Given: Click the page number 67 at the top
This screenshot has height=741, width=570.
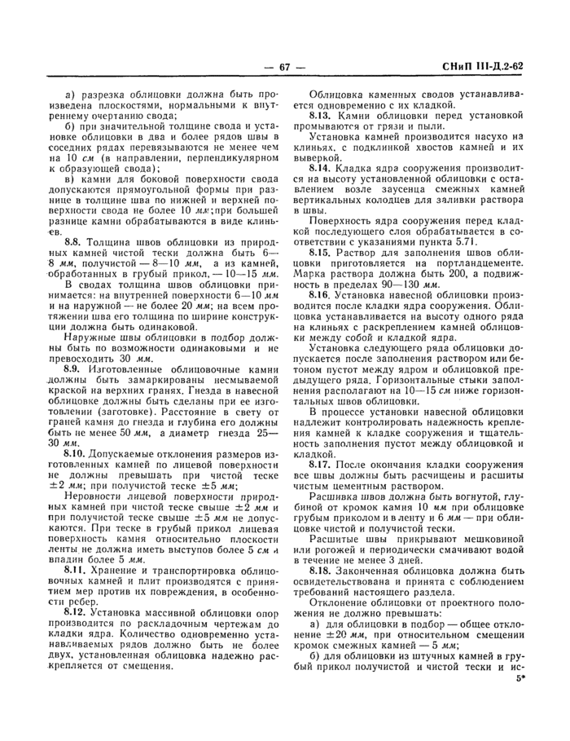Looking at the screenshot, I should [x=285, y=68].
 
